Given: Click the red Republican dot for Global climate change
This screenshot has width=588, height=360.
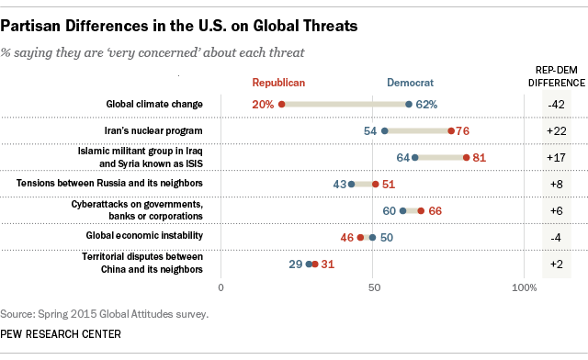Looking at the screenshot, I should pos(281,105).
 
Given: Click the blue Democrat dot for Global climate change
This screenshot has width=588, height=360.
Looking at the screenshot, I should pos(409,105).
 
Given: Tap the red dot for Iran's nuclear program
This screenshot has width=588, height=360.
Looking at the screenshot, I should pos(451,131).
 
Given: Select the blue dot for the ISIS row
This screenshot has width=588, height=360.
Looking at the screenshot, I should pos(415,158).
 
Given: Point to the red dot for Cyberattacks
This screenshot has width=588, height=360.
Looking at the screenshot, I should pos(421,211).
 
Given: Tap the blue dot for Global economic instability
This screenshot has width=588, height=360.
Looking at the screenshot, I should pos(372,238).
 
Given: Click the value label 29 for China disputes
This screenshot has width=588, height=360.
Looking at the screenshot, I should pos(295,264).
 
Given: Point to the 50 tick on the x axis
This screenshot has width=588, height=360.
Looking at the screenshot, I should pos(373,288).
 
